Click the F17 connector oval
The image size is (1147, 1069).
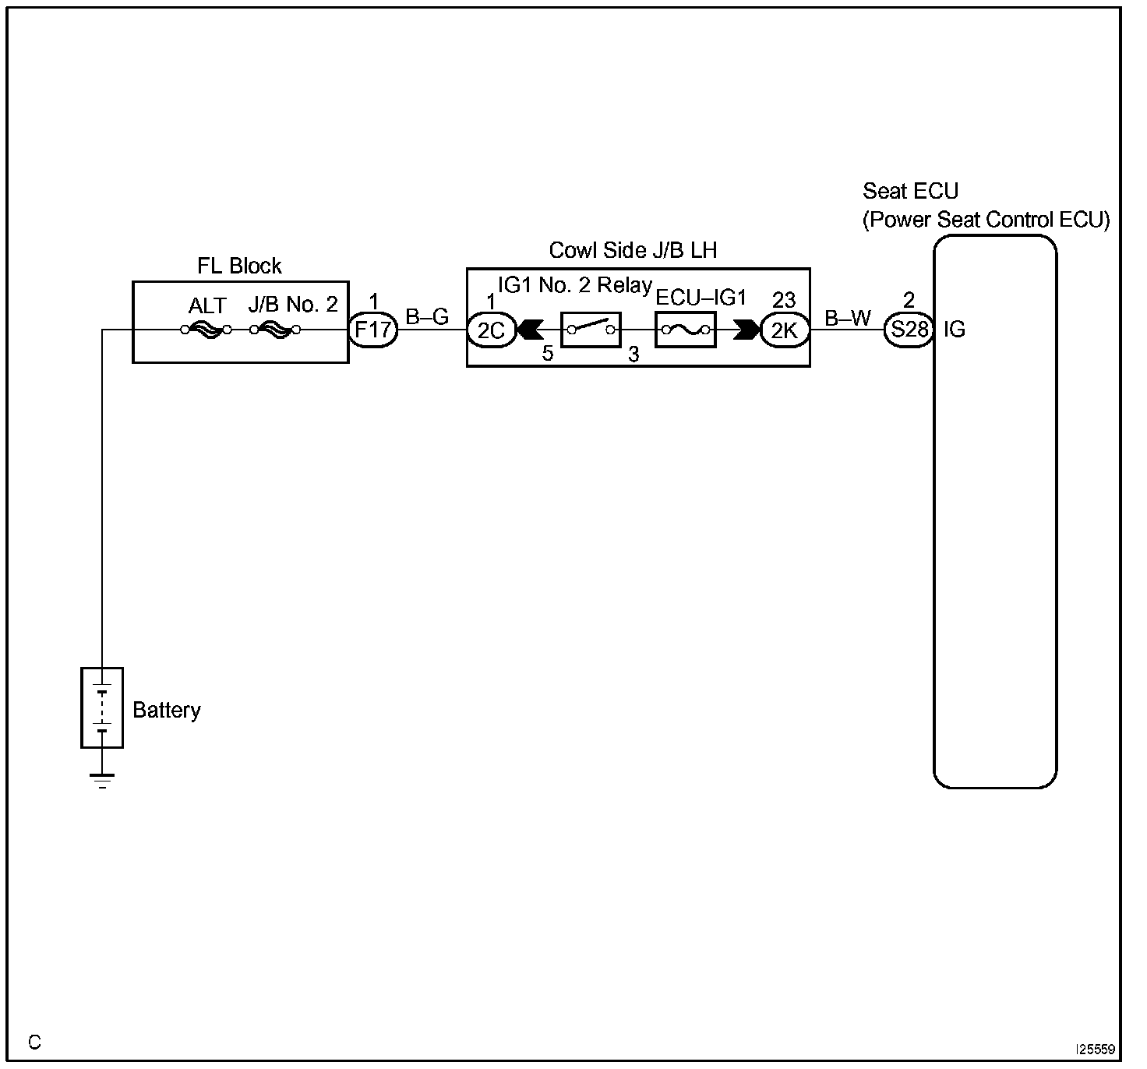(x=373, y=330)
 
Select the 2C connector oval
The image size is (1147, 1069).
(x=492, y=331)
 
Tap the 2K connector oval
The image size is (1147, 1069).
(x=785, y=331)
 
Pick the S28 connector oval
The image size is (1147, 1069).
(x=909, y=330)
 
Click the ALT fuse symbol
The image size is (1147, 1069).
(x=206, y=330)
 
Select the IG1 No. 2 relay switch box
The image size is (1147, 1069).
(x=591, y=330)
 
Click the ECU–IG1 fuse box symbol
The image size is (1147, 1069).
(x=685, y=330)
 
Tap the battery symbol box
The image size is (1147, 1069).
(x=102, y=707)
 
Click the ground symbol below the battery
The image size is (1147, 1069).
(x=102, y=780)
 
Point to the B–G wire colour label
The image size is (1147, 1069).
(x=427, y=317)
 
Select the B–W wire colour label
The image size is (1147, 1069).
(x=848, y=318)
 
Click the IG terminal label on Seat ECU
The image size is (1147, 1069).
(x=954, y=330)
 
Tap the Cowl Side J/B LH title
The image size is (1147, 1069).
(x=633, y=250)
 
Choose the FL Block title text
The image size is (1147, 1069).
(x=239, y=266)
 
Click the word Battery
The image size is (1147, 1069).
(x=167, y=710)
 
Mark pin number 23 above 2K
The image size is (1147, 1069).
(x=784, y=300)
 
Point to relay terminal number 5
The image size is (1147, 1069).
(x=548, y=354)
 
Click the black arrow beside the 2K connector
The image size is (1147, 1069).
(x=746, y=330)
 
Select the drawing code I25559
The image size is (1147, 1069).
(x=1096, y=1050)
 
